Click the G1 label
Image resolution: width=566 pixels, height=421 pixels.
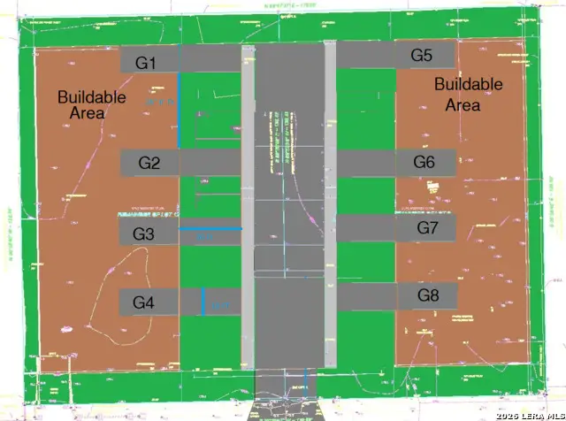coord(146,63)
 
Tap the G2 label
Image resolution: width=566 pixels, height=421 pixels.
coord(149,163)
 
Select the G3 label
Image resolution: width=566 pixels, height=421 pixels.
coord(143,233)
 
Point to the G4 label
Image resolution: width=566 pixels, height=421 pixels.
coord(143,302)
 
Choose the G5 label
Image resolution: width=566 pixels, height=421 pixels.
coord(422,56)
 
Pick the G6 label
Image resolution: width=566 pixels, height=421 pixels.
coord(424,162)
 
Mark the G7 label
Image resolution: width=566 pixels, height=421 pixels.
coord(428,228)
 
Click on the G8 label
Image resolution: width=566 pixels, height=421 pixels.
coord(428,295)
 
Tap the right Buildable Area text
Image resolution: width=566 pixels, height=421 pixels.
coord(469,94)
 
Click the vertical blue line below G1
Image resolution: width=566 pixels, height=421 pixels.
coord(179,111)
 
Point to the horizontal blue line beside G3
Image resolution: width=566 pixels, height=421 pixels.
coord(210,229)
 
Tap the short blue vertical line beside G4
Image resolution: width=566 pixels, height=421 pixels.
coord(203,302)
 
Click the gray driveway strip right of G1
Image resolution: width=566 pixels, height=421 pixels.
coord(210,60)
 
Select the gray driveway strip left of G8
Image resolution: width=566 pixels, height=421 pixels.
coord(367,296)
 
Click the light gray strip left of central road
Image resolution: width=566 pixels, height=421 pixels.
coord(249,203)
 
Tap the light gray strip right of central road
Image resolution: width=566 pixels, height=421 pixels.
coord(331,203)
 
